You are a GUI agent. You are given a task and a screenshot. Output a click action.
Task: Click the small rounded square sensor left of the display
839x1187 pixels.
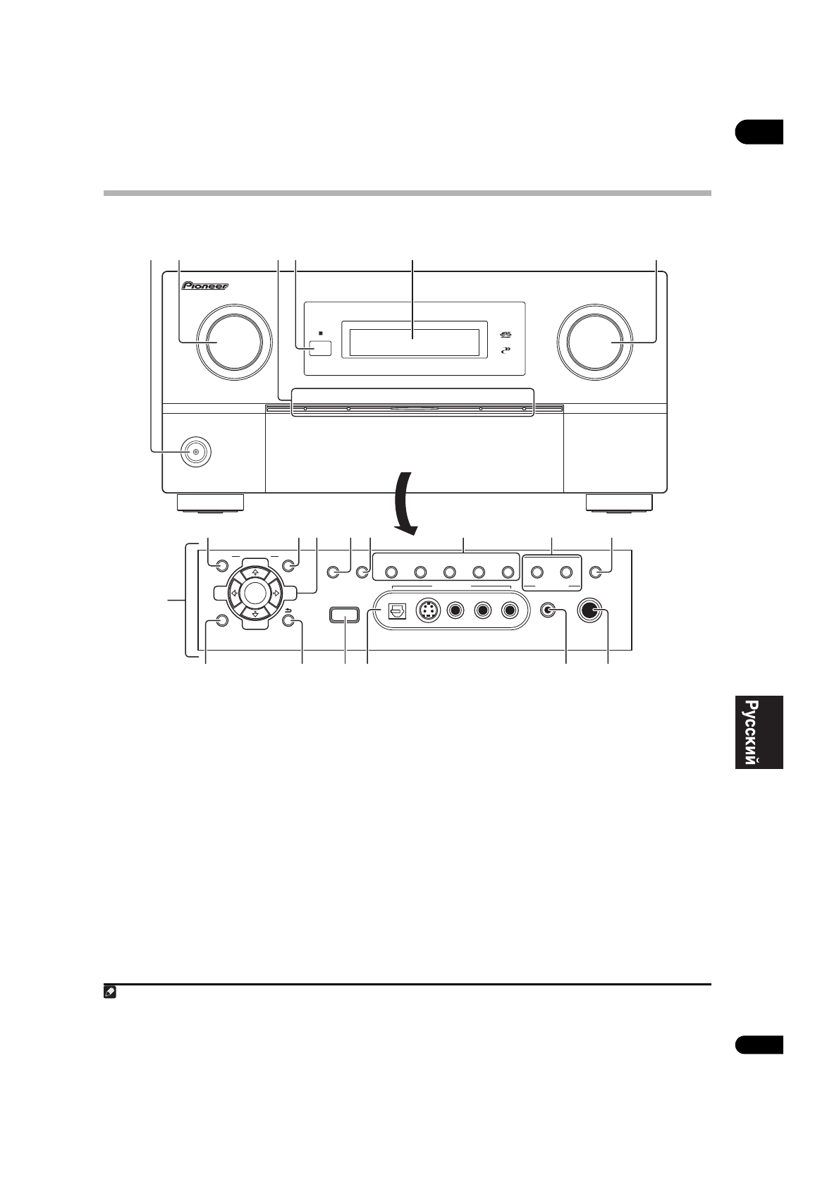(320, 348)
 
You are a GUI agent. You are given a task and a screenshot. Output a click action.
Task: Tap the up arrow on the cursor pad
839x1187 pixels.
(255, 572)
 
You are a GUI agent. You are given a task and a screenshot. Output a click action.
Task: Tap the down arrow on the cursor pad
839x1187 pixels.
(255, 614)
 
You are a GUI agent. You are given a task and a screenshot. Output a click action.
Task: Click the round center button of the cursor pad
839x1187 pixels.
(255, 593)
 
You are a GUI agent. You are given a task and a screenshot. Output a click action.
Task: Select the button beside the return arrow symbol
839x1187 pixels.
(288, 621)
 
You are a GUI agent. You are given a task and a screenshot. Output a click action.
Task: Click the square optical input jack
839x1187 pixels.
(393, 610)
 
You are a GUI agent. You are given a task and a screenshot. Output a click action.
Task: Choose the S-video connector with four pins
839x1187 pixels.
(427, 610)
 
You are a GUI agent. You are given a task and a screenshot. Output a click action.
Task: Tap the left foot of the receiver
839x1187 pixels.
(210, 502)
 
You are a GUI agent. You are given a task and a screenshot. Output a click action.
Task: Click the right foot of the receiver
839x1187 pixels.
(619, 502)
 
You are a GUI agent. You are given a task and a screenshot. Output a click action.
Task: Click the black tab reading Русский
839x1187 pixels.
(759, 732)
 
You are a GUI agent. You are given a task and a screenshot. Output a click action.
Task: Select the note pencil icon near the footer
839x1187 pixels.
(110, 992)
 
